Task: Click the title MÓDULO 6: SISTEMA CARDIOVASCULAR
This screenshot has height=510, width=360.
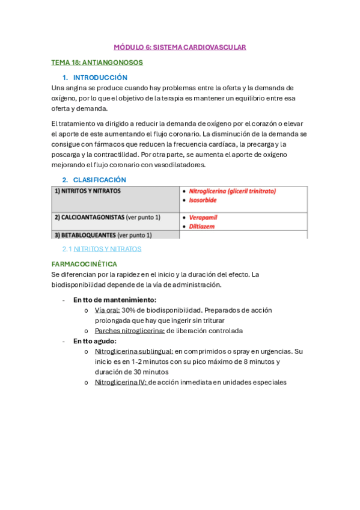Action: point(180,47)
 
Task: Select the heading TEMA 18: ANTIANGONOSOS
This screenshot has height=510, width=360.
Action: point(97,62)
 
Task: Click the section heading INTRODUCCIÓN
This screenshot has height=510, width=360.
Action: point(100,78)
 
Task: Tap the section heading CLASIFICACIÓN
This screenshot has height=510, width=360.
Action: point(99,180)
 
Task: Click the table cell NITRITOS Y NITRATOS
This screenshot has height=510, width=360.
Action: point(88,191)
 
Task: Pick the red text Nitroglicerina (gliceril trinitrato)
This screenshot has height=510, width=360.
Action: point(232,191)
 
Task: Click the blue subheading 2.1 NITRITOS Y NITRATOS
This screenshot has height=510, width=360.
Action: point(102,248)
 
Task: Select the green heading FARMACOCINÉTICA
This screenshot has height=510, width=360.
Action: point(84,264)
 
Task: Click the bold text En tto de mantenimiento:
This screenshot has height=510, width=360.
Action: point(115,300)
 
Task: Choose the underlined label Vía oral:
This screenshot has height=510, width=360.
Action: point(107,310)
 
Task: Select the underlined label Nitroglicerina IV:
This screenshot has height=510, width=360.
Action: point(120,382)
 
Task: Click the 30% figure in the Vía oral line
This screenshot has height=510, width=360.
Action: point(129,310)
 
